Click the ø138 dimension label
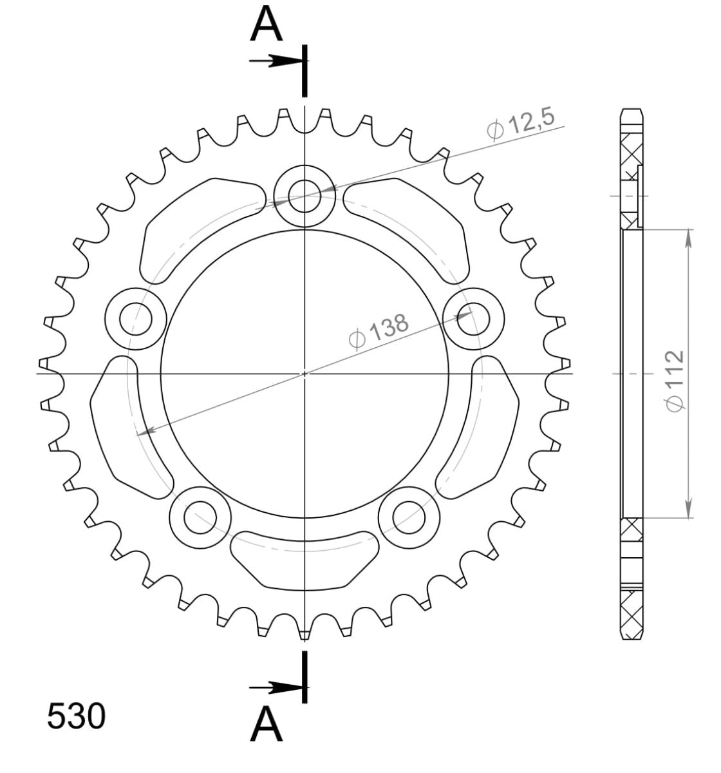coord(378,330)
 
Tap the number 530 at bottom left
coord(76,716)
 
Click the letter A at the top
coord(267,25)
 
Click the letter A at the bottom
coord(267,725)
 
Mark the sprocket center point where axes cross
coord(304,373)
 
